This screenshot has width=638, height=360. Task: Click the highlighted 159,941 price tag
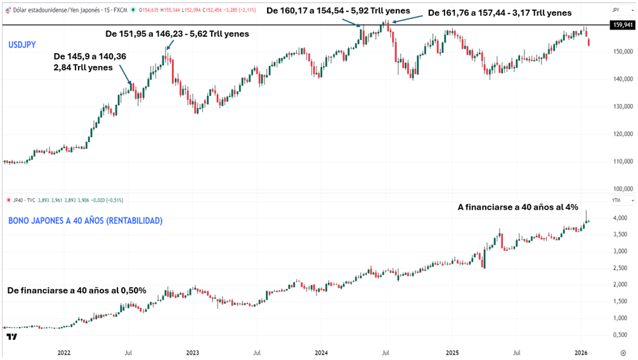coord(623,25)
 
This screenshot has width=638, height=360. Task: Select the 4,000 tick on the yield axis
coord(621,218)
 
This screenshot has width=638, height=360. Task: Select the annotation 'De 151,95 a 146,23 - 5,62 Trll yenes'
coord(176,34)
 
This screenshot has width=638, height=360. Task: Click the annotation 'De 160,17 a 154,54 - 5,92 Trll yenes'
coord(337,10)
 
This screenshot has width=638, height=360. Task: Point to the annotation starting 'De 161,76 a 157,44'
coord(500,13)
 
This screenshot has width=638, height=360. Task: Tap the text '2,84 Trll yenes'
coord(84,67)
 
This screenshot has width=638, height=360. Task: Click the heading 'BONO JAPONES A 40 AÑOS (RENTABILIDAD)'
coord(85,221)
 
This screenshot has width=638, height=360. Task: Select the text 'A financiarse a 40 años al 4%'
coord(518,207)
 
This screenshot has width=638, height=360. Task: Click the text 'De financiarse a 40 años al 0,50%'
coord(77,290)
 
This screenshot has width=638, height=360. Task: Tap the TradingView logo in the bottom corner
coord(11,336)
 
